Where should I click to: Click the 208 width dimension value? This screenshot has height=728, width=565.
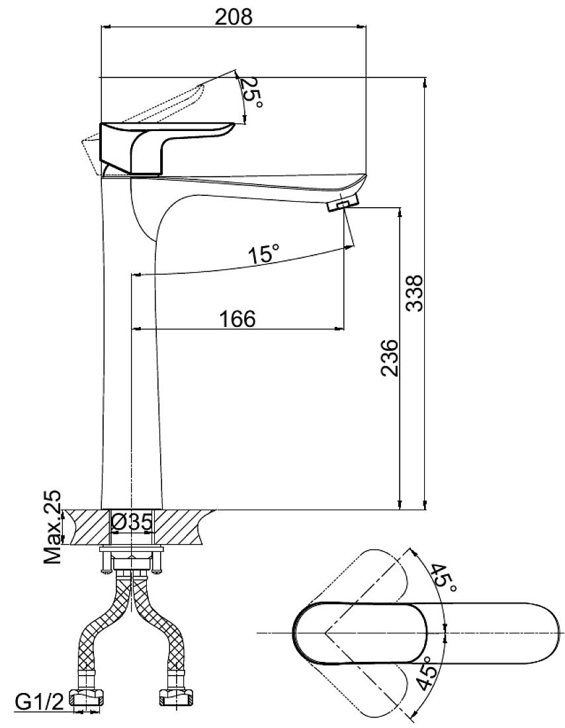pyautogui.click(x=234, y=17)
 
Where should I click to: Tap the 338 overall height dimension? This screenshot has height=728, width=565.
pyautogui.click(x=415, y=293)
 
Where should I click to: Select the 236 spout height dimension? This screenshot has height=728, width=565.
pyautogui.click(x=389, y=357)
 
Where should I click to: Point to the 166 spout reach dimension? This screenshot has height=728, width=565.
pyautogui.click(x=238, y=319)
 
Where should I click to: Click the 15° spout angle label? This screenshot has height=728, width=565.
pyautogui.click(x=264, y=253)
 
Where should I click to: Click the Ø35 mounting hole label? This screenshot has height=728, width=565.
pyautogui.click(x=132, y=522)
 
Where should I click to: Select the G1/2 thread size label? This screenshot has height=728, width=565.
pyautogui.click(x=39, y=703)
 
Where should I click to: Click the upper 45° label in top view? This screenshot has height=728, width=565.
pyautogui.click(x=442, y=578)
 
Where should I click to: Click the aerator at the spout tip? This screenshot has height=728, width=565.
pyautogui.click(x=343, y=203)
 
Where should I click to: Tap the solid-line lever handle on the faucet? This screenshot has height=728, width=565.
pyautogui.click(x=166, y=149)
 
